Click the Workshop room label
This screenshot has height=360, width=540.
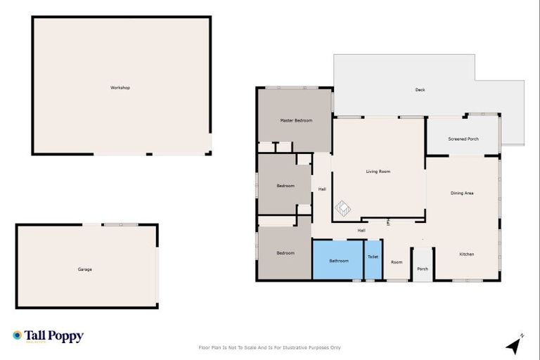[120, 88]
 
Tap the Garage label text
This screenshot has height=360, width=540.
[84, 269]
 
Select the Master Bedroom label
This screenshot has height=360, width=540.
[296, 121]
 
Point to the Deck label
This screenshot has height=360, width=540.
[420, 90]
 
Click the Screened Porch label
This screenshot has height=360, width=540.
[463, 139]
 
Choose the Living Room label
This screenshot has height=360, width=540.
[378, 172]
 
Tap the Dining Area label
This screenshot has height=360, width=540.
[462, 193]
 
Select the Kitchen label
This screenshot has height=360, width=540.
[467, 254]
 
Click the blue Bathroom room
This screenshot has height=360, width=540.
[338, 261]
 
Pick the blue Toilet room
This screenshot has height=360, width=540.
[373, 257]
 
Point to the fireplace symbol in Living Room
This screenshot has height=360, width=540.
[342, 208]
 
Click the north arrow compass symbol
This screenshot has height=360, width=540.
[515, 345]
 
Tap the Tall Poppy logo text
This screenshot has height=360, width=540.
[54, 336]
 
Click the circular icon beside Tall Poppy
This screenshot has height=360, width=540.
[18, 335]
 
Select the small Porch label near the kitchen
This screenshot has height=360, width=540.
[423, 269]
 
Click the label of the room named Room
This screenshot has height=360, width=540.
[397, 262]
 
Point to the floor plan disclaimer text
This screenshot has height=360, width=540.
[270, 347]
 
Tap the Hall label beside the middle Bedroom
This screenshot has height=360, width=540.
[322, 189]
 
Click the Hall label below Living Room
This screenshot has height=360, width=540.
[361, 231]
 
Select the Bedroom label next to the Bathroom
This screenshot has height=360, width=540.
[285, 253]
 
